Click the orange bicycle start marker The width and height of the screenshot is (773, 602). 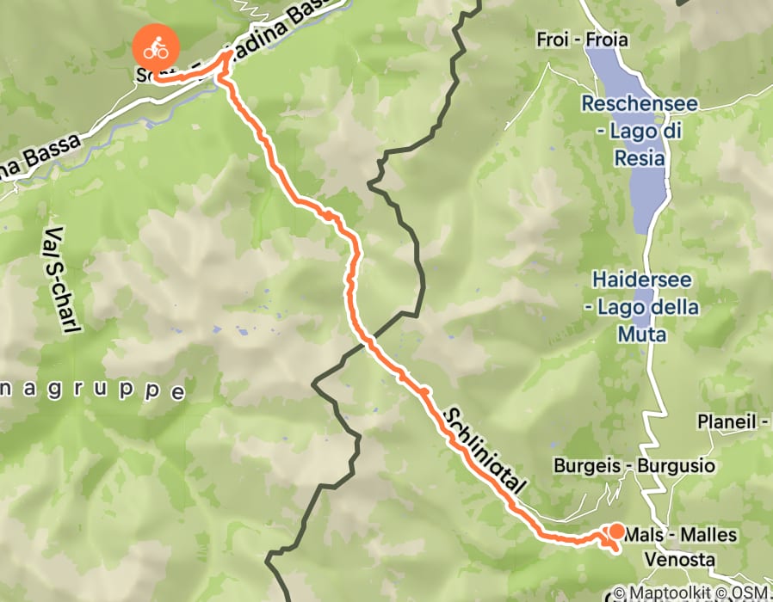(x=156, y=48)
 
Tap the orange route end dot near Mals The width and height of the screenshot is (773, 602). (x=617, y=531)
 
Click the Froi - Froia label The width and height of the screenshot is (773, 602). (x=582, y=40)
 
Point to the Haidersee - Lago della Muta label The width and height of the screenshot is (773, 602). (x=640, y=306)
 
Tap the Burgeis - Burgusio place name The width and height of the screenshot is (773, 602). (x=634, y=466)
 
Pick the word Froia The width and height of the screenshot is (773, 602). (x=608, y=40)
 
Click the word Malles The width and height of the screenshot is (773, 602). (x=708, y=535)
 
